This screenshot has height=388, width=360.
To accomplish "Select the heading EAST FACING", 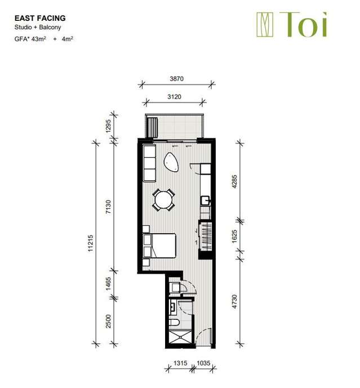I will pyautogui.click(x=40, y=18).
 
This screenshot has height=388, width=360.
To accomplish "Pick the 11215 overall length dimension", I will pyautogui.click(x=91, y=244).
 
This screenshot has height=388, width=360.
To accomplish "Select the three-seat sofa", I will pyautogui.click(x=149, y=163).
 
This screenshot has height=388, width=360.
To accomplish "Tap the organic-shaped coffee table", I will pyautogui.click(x=172, y=163).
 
